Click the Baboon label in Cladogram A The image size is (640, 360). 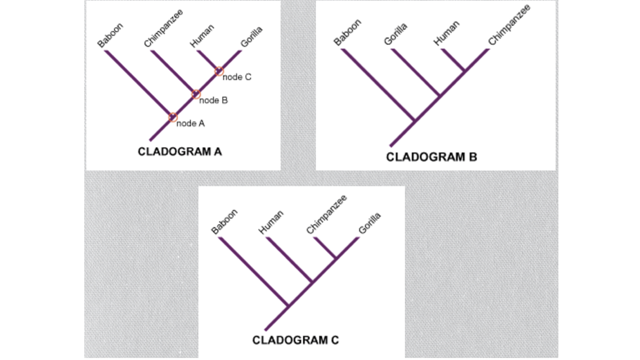point(110,35)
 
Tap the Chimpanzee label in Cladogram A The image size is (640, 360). point(163,28)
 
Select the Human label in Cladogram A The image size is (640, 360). point(202,36)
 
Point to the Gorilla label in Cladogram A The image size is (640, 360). point(251,37)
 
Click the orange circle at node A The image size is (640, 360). point(173,117)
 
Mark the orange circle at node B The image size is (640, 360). point(196,94)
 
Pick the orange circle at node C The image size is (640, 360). point(219,71)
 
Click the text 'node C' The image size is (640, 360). point(237,77)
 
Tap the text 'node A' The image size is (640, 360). point(191,124)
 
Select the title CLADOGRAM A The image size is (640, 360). point(180,152)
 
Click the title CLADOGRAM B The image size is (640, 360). point(432,157)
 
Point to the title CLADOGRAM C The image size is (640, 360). point(296,340)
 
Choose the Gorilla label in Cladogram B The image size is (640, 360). point(395,34)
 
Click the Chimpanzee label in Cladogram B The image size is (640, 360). point(509,25)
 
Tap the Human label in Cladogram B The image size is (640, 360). point(446,33)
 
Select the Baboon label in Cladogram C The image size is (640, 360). point(224,222)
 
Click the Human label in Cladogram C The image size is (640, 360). point(271,222)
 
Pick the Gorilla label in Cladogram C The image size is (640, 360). point(369,223)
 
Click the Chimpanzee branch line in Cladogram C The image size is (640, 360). point(325,248)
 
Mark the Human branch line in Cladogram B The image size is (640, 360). point(453,60)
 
